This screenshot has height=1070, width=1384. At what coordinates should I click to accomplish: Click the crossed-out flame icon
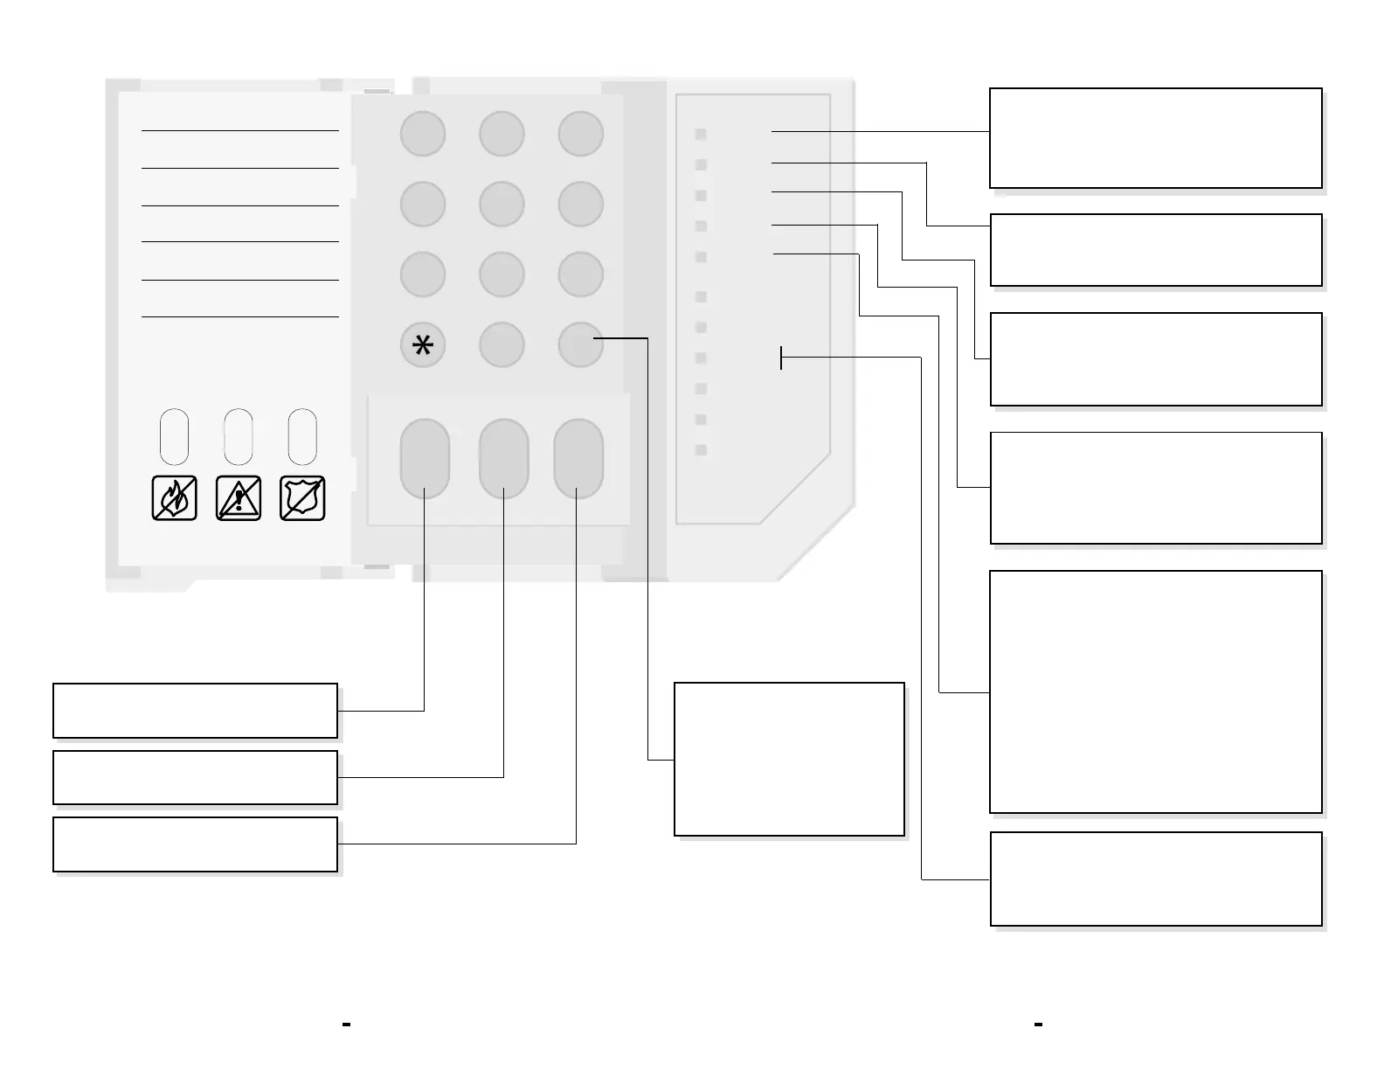(174, 498)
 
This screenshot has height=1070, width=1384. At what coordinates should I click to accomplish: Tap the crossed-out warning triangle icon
(239, 498)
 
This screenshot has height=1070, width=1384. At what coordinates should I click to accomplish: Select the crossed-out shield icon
(302, 498)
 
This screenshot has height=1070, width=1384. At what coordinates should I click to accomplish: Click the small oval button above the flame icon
(174, 436)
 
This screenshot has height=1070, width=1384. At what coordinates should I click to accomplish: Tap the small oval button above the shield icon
(302, 436)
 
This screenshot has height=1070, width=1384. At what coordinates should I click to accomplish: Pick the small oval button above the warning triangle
(239, 436)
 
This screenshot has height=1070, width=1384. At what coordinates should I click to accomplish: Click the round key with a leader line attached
(580, 344)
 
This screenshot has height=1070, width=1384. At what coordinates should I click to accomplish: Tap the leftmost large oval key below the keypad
(425, 458)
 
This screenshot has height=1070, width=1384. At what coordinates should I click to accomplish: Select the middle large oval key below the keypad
(503, 458)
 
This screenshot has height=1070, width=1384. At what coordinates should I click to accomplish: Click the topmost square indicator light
(701, 134)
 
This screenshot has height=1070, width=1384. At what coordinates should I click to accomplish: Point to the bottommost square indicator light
(701, 450)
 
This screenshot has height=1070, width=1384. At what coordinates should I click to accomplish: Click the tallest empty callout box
(1155, 691)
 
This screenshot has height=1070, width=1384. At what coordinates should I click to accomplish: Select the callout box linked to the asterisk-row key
(789, 759)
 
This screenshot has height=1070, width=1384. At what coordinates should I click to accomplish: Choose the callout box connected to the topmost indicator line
(1155, 137)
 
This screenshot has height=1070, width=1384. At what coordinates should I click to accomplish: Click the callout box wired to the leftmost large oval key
(195, 711)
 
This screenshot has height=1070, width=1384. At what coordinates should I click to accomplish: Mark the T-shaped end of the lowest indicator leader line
(781, 358)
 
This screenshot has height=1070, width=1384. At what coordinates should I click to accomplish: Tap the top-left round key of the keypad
(423, 135)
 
